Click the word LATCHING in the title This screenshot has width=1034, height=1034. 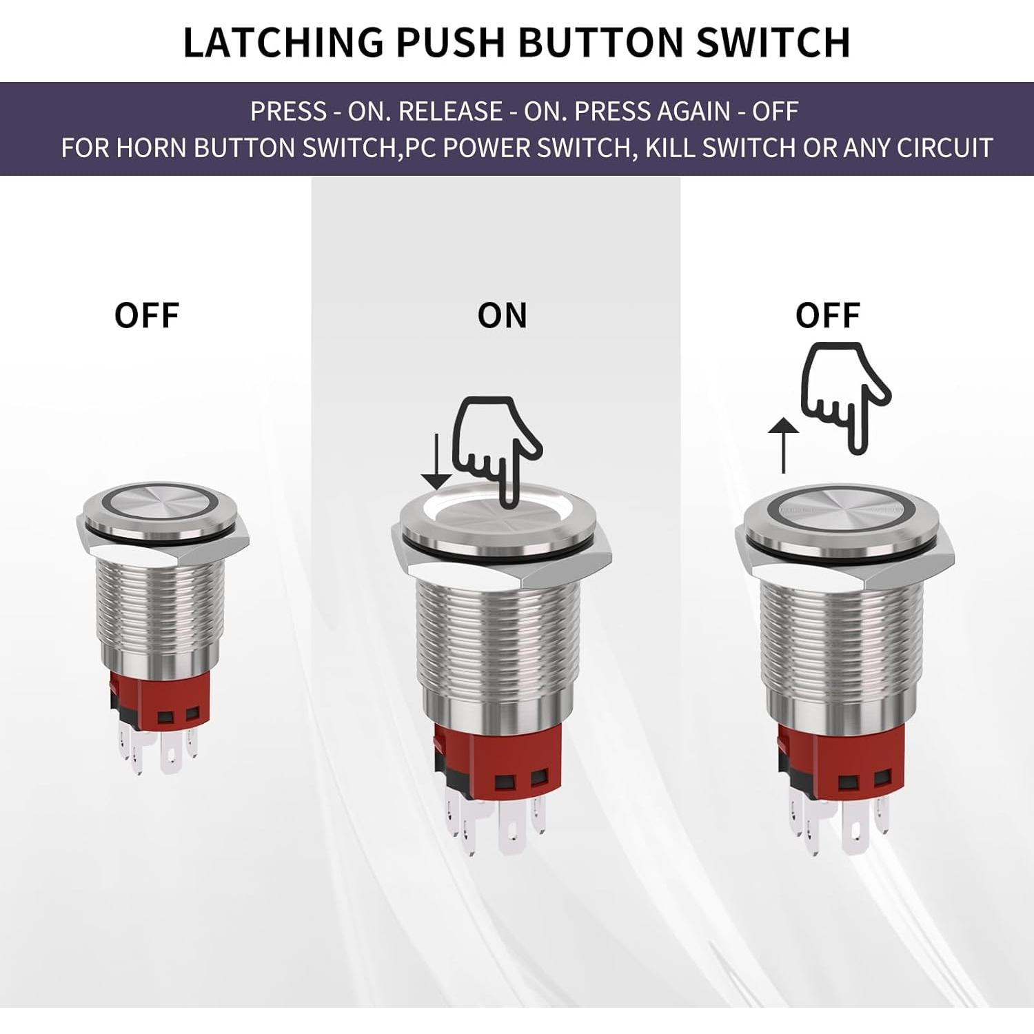coord(283,42)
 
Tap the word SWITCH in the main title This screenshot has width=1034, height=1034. coord(773,42)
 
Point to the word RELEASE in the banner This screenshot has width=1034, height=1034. coord(451,112)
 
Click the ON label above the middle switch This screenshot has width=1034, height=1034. coord(502,316)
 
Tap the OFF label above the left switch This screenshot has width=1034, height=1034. coord(147,316)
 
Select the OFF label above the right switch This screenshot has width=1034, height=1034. coord(827,316)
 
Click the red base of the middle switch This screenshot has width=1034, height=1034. coord(494,765)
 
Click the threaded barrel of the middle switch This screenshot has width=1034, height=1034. coord(493,641)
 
